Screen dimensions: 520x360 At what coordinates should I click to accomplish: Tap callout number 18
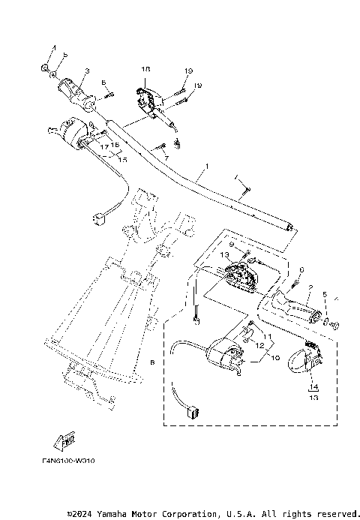click(x=145, y=68)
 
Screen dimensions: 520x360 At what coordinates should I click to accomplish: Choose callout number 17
click(x=105, y=146)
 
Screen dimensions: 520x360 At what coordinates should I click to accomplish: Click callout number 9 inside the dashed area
click(x=232, y=245)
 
